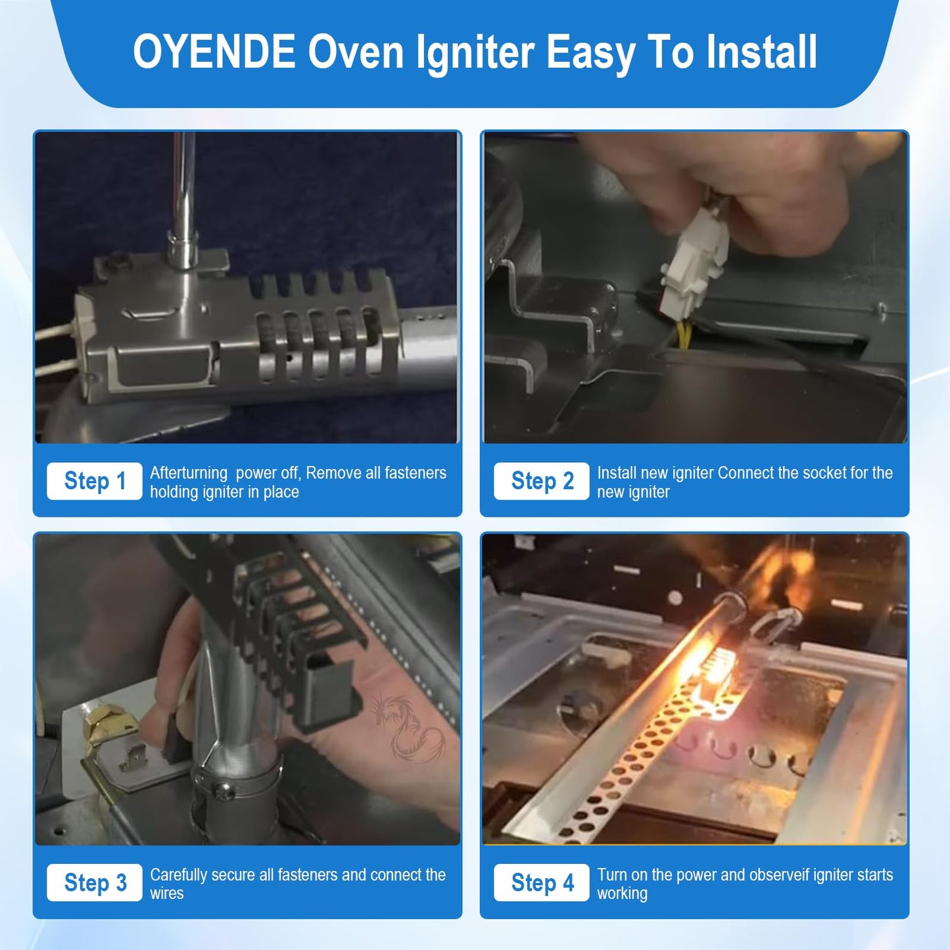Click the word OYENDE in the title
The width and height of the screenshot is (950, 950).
[214, 53]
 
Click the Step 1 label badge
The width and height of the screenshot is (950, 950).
[95, 481]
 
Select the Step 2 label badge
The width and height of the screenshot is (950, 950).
[542, 481]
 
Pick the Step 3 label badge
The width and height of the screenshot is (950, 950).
[95, 883]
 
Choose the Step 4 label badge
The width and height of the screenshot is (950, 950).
[542, 883]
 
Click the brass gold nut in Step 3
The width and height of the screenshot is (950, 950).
[108, 723]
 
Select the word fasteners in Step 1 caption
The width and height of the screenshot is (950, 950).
[415, 473]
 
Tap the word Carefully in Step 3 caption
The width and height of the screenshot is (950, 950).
[178, 875]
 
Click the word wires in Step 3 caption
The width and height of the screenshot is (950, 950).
[166, 893]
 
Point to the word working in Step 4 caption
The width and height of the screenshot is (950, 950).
[622, 893]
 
